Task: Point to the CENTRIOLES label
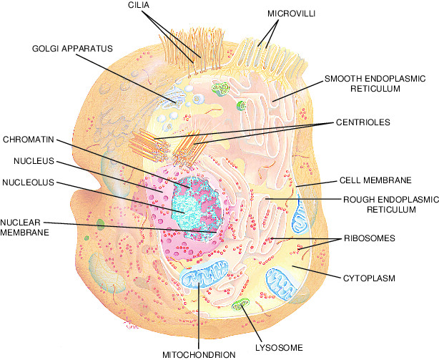click(363, 123)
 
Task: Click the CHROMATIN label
click(26, 138)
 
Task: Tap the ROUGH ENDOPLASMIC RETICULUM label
click(380, 205)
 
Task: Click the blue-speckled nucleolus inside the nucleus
click(192, 208)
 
